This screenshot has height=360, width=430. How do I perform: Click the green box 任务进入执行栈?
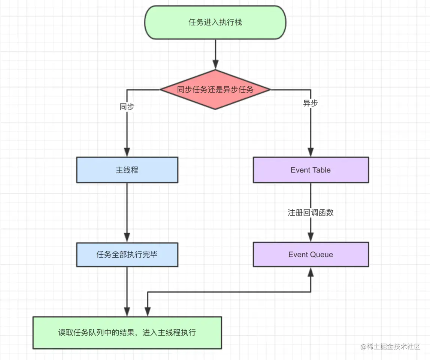coord(215,22)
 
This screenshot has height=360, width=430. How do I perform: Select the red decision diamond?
coord(215,90)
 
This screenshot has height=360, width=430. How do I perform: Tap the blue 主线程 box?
coord(127,170)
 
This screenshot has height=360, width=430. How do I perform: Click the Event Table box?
coord(311,170)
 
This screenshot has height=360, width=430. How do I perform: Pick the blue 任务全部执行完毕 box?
coord(127,255)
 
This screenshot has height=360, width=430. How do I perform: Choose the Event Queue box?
coord(311,255)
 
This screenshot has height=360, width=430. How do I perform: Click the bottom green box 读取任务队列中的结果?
coord(127,333)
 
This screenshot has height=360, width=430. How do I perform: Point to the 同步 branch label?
coord(127,106)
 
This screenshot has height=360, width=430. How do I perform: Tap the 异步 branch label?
coord(311,103)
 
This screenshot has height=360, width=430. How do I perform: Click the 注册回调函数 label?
coord(311,213)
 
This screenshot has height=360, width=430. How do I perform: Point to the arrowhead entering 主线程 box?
coord(127,152)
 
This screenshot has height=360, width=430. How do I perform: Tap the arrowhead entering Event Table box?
coord(311,152)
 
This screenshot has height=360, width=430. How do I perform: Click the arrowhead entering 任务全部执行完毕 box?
coord(127,237)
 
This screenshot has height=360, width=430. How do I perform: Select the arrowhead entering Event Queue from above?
coord(311,237)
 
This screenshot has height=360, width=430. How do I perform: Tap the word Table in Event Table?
coord(321,170)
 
